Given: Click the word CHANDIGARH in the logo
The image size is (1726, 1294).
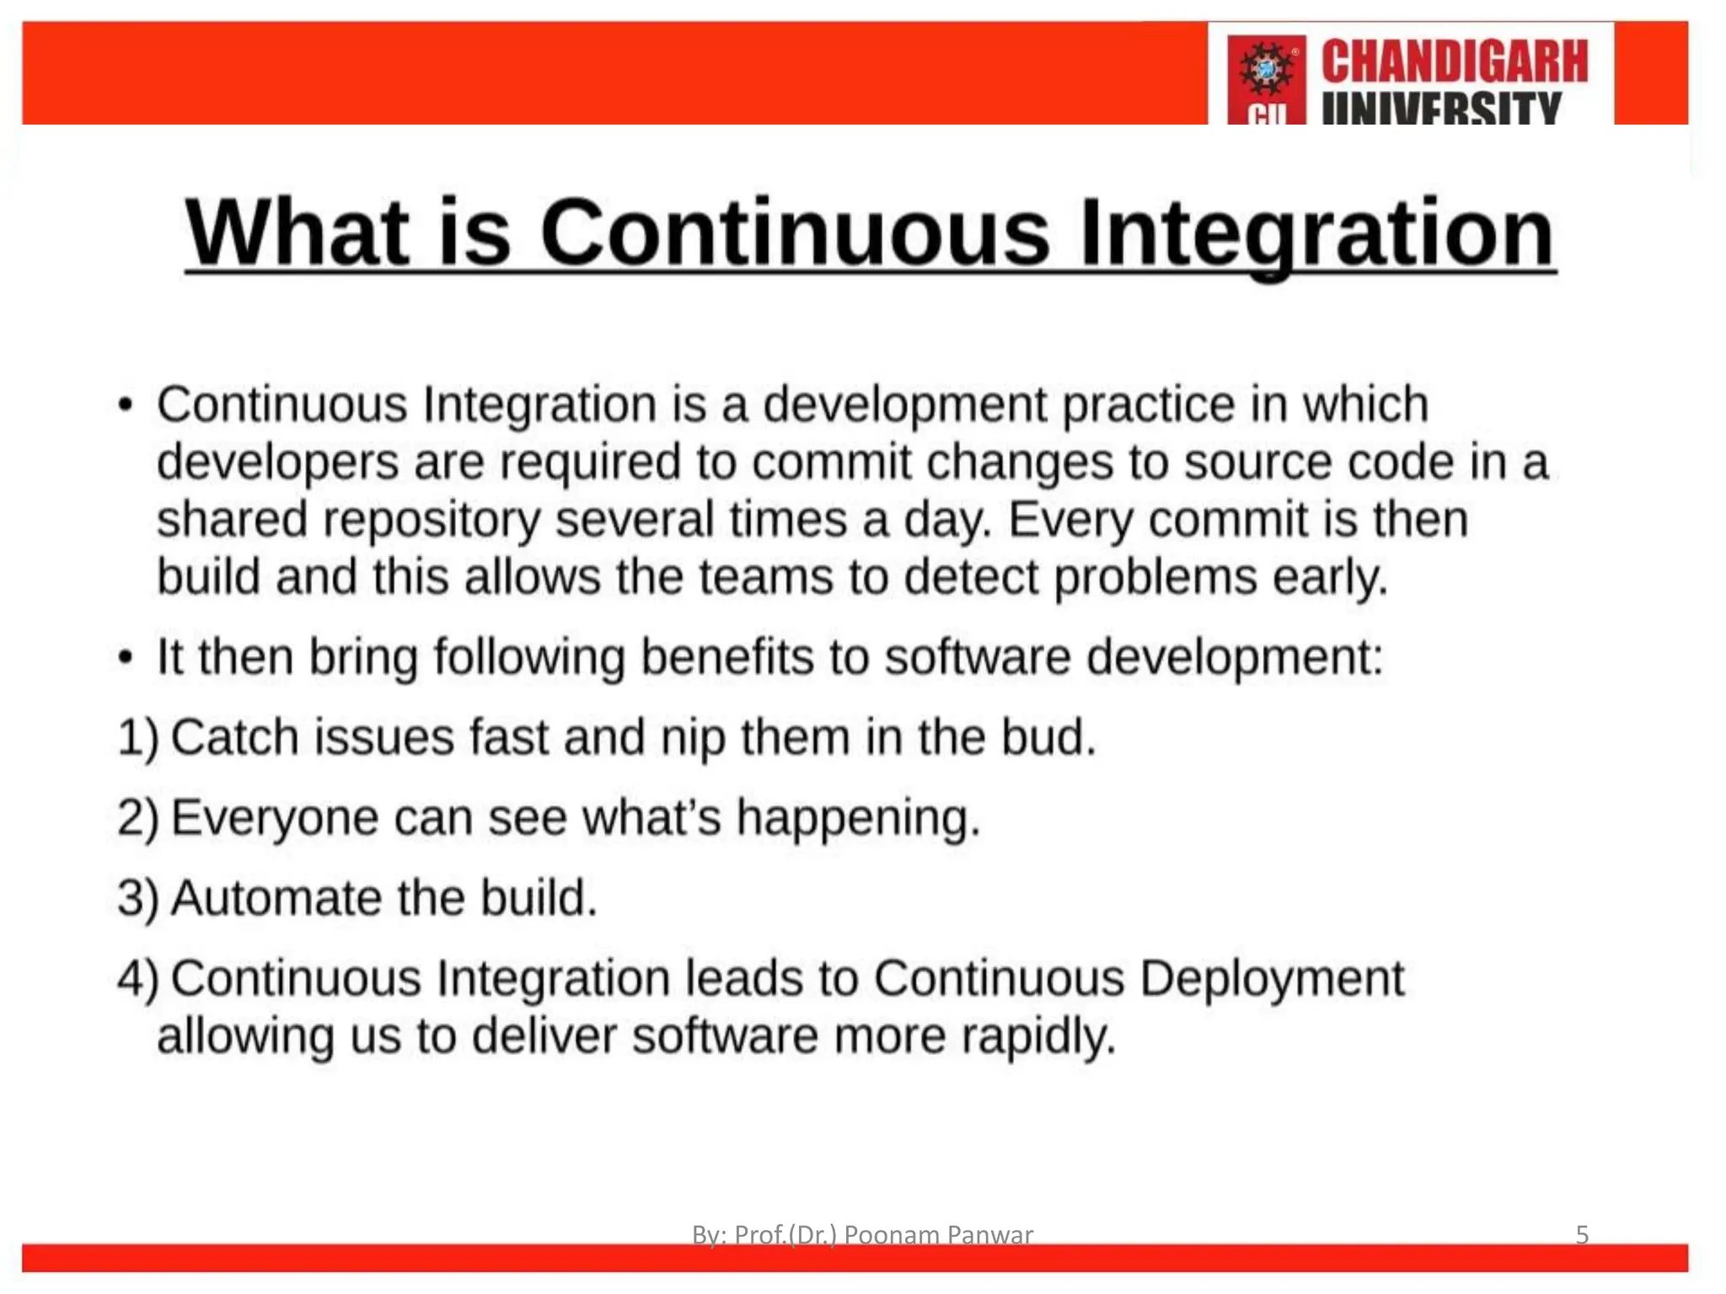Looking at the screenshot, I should [x=1454, y=61].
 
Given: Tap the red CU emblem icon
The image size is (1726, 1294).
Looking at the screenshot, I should [x=1266, y=78].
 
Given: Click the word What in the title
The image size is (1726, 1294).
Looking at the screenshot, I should [x=297, y=233].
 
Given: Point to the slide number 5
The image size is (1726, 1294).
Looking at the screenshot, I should [x=1582, y=1234].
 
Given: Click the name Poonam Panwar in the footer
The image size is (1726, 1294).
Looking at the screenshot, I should [x=938, y=1234].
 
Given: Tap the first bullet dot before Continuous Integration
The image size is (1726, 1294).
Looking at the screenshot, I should [x=126, y=405].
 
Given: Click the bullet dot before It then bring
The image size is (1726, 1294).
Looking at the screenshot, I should [x=126, y=657].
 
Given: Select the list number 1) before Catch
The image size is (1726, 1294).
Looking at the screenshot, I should [x=137, y=738].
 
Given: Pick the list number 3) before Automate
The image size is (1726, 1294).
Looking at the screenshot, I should [x=137, y=898].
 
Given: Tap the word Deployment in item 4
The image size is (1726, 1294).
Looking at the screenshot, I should [x=1272, y=979].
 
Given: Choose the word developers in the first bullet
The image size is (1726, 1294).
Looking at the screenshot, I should [x=277, y=463].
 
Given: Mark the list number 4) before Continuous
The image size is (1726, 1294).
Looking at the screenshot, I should [x=137, y=979].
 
